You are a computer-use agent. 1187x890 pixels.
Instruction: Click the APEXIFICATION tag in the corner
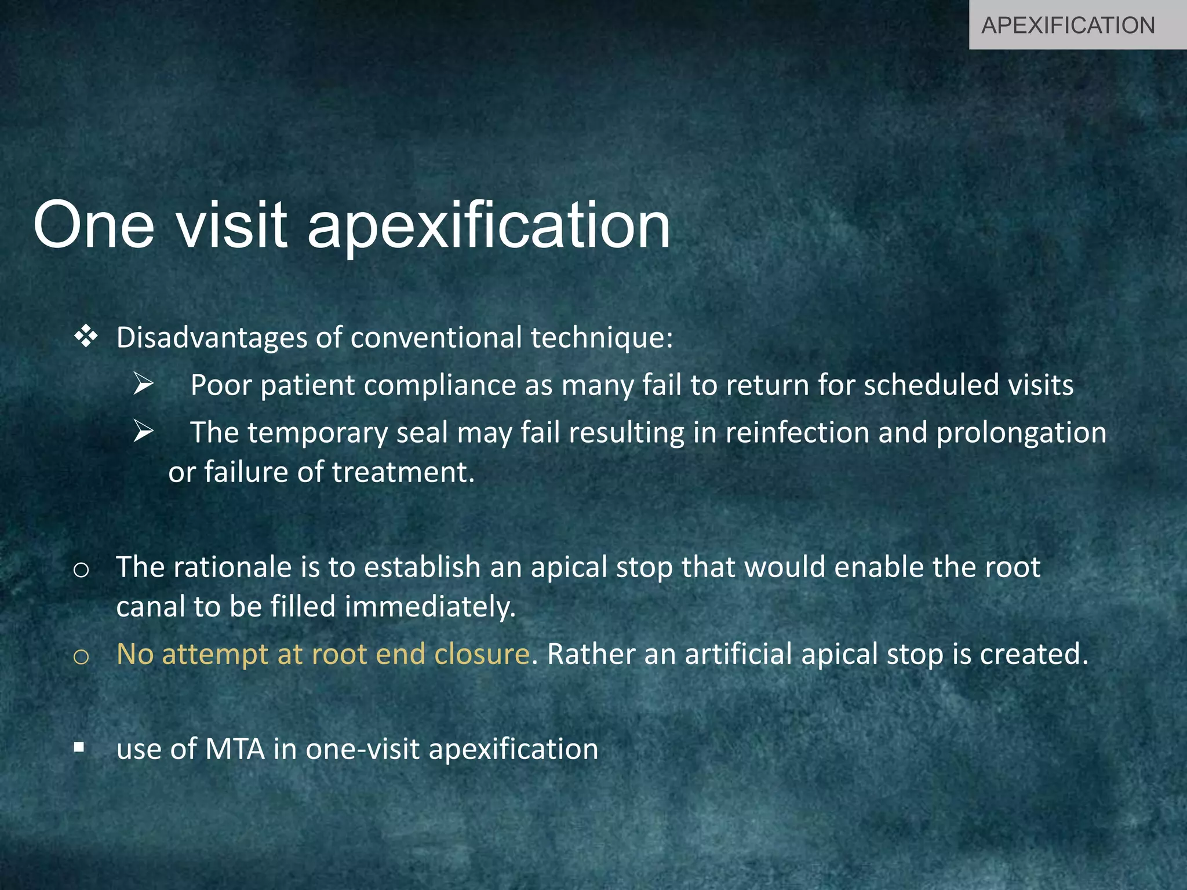point(1068,25)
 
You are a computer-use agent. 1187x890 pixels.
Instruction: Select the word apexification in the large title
point(489,226)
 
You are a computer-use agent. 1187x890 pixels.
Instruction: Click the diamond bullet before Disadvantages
point(86,337)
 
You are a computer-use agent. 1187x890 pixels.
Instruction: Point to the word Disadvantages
point(212,338)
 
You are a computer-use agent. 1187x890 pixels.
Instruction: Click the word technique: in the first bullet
point(602,338)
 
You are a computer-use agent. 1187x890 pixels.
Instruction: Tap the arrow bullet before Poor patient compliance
point(143,384)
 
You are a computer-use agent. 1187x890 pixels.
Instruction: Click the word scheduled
point(931,385)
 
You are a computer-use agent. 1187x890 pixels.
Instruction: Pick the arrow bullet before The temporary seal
point(143,431)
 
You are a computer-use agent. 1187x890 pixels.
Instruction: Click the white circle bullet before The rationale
point(81,570)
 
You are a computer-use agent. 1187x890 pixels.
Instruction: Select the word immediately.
point(429,607)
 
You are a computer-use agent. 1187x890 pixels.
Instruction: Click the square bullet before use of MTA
point(79,747)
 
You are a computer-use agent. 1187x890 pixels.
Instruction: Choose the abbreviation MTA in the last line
point(235,749)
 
